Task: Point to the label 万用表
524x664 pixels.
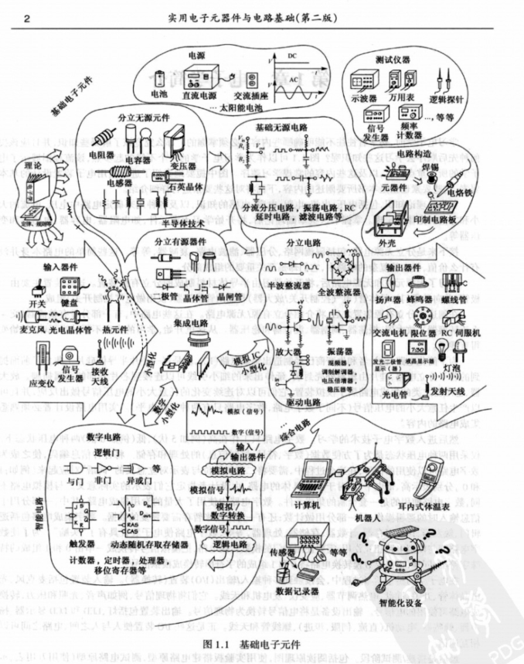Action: click(x=403, y=99)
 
